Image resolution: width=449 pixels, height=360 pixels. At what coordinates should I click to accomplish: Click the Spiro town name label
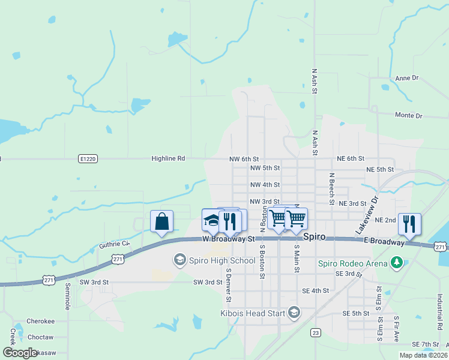314,237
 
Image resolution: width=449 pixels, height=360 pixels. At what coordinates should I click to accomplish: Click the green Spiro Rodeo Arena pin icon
396,262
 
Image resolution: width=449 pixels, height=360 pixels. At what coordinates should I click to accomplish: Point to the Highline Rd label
168,158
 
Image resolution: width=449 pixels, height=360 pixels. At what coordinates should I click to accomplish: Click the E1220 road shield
88,158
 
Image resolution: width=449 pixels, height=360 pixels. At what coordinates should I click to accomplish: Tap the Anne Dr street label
406,78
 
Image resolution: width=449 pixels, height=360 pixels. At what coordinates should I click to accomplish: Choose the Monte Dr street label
408,115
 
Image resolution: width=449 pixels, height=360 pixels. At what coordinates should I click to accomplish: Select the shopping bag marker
162,221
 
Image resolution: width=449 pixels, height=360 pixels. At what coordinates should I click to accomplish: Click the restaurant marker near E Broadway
409,224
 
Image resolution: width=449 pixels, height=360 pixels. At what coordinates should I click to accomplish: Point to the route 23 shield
315,332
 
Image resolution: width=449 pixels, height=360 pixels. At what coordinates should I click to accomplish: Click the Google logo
20,353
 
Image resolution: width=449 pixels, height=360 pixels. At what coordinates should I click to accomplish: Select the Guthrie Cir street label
114,244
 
